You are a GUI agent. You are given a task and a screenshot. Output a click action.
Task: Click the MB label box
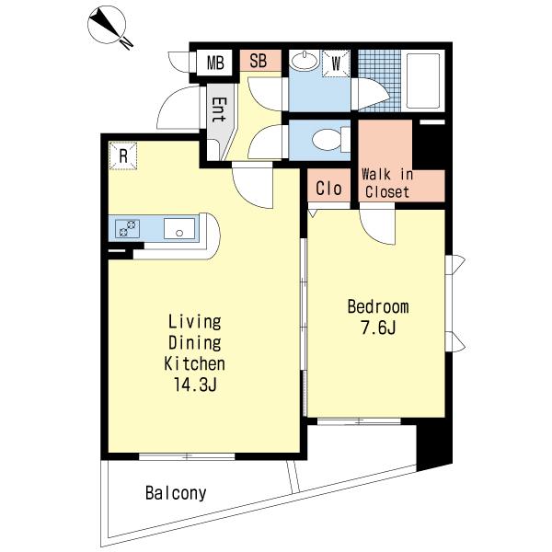214,63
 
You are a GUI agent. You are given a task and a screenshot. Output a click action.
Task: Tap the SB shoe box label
259,60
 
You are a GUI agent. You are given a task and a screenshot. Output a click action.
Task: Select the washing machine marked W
336,63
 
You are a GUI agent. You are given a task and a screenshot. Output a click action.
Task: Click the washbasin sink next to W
305,61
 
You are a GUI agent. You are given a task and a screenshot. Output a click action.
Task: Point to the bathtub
423,81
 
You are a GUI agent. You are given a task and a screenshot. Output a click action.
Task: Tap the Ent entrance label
219,109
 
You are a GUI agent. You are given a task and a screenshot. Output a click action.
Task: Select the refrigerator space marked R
123,155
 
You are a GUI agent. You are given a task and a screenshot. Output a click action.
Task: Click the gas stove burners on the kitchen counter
127,228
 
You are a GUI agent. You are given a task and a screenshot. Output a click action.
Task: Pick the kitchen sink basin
179,229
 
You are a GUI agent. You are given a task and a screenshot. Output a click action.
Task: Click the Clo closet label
328,188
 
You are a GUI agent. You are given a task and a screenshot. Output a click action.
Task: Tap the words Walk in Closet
387,183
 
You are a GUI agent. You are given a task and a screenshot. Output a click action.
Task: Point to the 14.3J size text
195,385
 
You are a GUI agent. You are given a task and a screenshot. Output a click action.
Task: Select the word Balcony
176,493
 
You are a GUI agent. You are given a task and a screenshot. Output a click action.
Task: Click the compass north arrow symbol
107,24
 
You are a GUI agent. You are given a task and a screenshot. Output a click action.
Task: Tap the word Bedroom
378,306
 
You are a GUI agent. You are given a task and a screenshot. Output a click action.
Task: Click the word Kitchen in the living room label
195,363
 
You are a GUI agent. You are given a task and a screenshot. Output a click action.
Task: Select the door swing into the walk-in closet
377,225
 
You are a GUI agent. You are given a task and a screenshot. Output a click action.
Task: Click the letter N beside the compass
127,43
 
